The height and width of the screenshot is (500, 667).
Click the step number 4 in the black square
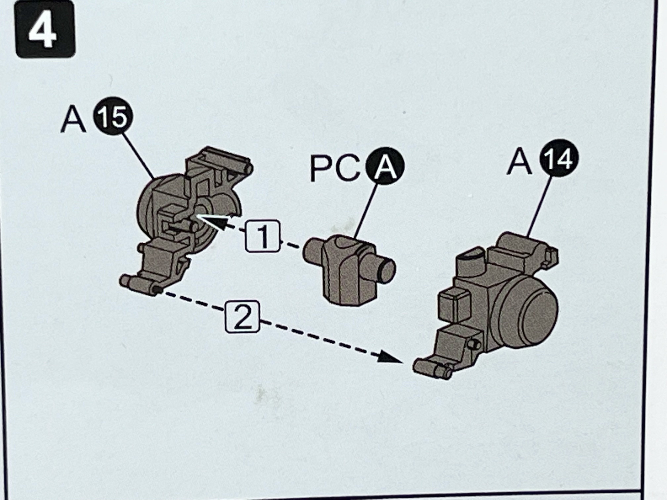[45, 29]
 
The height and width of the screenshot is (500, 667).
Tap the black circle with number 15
[113, 116]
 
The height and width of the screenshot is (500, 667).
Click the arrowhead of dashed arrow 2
[391, 358]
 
